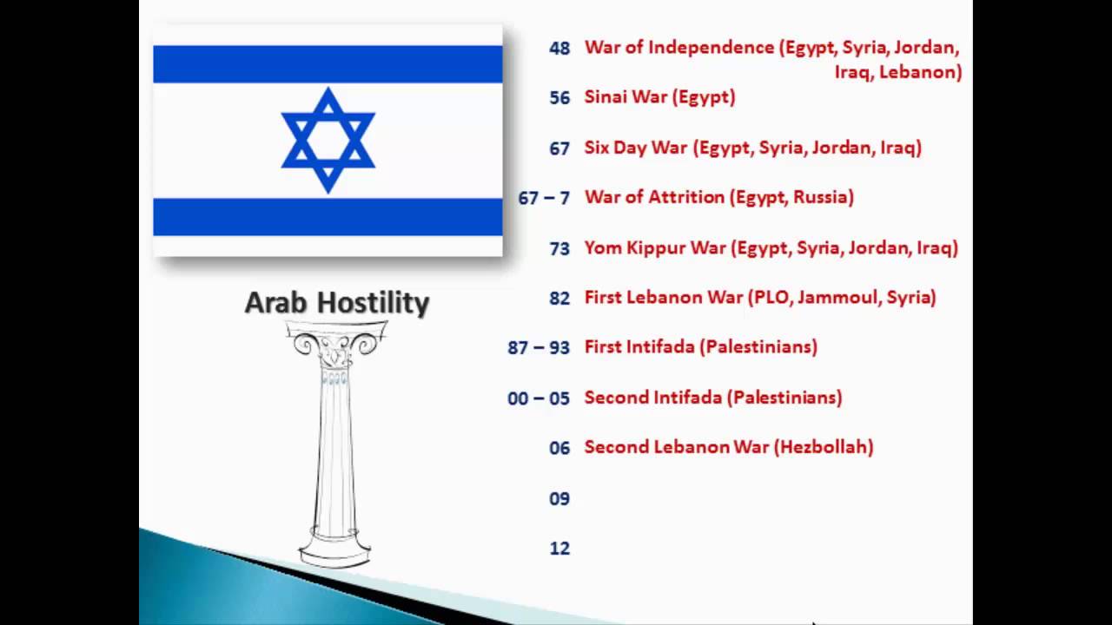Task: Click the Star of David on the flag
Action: (x=328, y=140)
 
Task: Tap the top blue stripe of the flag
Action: (x=328, y=64)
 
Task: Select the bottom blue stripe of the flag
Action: (x=328, y=216)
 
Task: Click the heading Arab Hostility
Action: (x=337, y=303)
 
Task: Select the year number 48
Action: (x=559, y=49)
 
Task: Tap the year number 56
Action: (x=559, y=98)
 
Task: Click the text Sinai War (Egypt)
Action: (x=659, y=97)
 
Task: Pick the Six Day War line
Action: (x=752, y=148)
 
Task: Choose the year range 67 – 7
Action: (x=544, y=198)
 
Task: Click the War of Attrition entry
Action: (x=718, y=197)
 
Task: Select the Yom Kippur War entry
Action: (x=771, y=247)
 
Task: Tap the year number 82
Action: (x=559, y=299)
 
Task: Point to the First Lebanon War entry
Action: (x=759, y=297)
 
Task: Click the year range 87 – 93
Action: (x=539, y=347)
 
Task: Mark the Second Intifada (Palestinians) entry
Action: (x=712, y=397)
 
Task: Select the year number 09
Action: (x=559, y=498)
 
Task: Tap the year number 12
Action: (x=559, y=549)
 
